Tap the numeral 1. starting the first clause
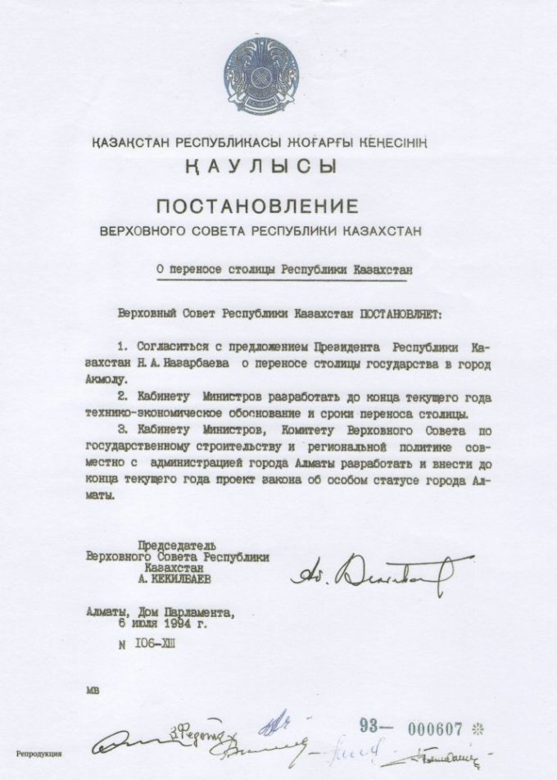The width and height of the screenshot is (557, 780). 125,345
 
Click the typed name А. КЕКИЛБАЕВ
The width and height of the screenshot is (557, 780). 177,577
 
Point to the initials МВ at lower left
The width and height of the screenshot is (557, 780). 92,692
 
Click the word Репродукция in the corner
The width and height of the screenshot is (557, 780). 38,751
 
